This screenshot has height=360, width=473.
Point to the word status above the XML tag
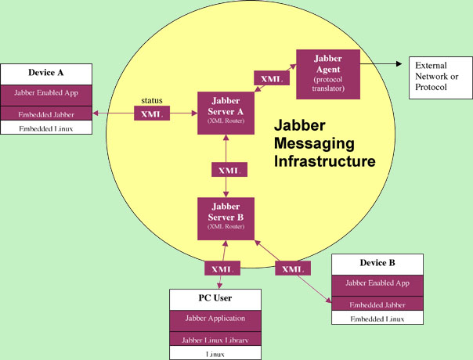(x=152, y=101)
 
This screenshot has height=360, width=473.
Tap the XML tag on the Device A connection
(x=152, y=114)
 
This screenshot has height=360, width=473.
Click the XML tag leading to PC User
(x=220, y=268)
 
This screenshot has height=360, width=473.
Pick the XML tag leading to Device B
(x=292, y=268)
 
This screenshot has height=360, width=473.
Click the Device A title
(x=46, y=72)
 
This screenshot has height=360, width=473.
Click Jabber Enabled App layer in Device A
(x=46, y=93)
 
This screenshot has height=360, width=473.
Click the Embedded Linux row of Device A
(x=46, y=128)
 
